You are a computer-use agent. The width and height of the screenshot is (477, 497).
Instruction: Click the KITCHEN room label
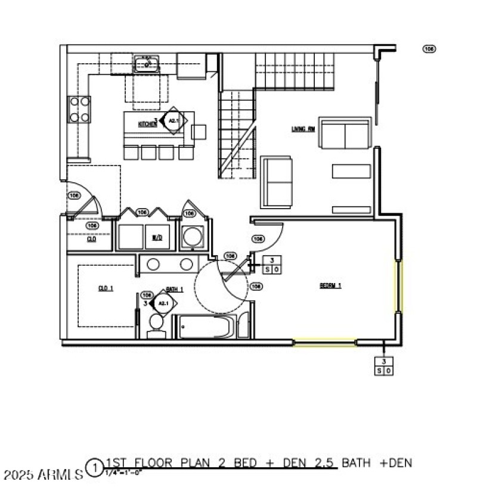coord(147,124)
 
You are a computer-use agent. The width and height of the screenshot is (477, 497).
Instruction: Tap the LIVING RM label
coord(302,129)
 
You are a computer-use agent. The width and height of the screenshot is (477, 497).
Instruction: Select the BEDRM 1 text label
coord(330,285)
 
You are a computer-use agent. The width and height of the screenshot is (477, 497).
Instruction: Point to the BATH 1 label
coord(175,289)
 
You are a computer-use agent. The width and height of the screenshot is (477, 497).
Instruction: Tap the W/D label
coord(157,237)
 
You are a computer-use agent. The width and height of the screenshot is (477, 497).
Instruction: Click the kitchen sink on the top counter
coord(146,63)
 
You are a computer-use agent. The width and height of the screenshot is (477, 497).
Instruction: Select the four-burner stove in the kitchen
coord(80,109)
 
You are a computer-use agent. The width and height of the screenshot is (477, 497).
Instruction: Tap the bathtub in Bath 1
coord(205,327)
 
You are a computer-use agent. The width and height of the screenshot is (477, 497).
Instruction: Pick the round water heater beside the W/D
coord(193,237)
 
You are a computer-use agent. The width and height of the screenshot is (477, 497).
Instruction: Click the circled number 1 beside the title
coord(94,467)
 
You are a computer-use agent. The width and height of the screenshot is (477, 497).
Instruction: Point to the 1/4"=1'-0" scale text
coord(123,473)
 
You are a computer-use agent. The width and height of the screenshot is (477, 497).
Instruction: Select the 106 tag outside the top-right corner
coord(429,49)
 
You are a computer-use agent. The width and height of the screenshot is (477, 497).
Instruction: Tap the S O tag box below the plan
coord(384,366)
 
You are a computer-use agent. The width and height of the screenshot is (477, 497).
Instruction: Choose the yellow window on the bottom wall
coord(324,342)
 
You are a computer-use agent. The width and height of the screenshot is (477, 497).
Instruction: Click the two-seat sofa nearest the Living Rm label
coord(345,134)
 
